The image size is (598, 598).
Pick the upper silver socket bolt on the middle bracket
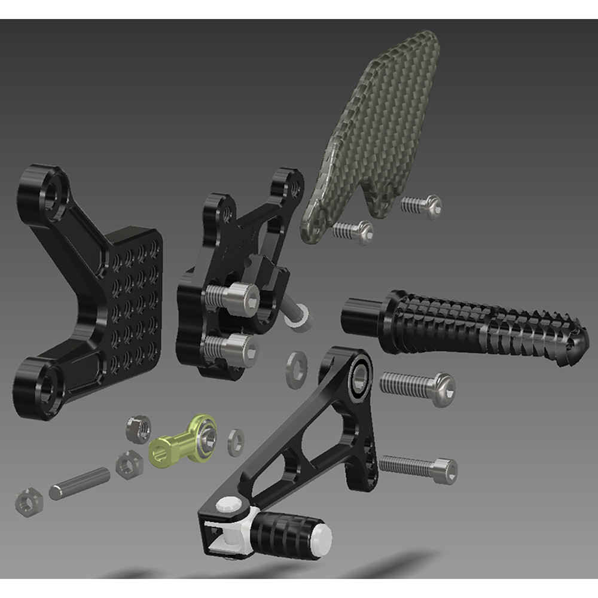pos(233,297)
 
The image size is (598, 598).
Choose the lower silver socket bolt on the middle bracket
pos(233,347)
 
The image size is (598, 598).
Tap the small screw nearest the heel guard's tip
pos(421,205)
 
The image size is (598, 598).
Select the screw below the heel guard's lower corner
pos(353,230)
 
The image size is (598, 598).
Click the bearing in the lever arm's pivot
pos(361,375)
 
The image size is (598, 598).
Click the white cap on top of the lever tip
pos(228,504)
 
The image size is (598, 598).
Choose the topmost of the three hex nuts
pos(138,429)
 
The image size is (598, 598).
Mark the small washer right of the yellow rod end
pos(236,442)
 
